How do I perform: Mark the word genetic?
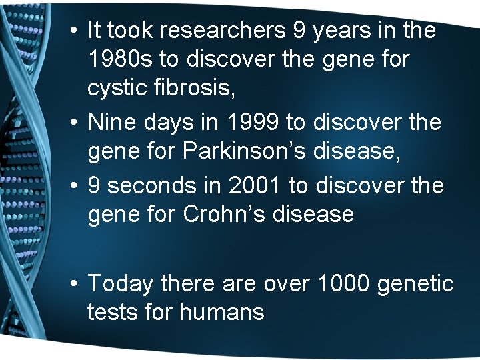coord(415,284)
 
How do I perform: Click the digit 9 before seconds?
coord(95,185)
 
